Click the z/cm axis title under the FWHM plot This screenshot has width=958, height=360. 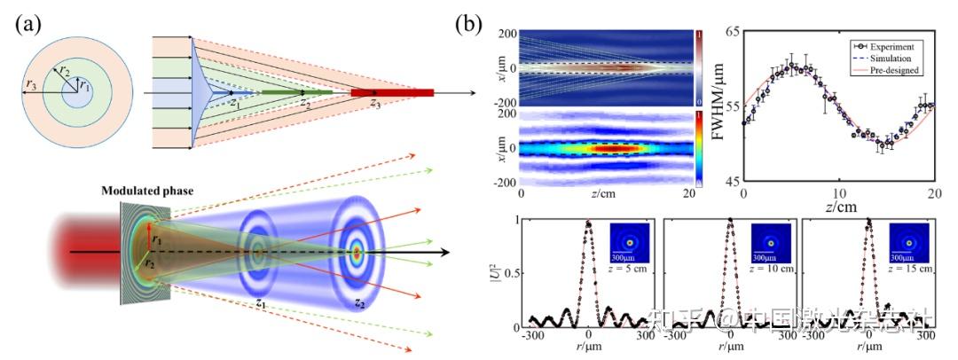[x=837, y=207]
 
